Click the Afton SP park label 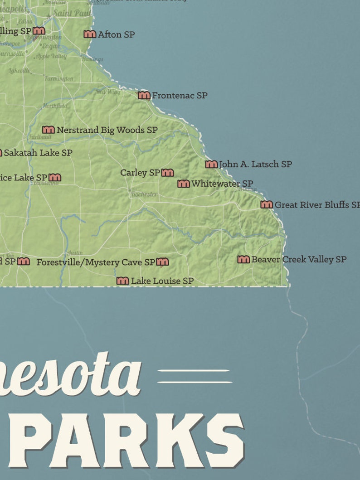[x=116, y=34]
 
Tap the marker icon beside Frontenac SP [x=144, y=95]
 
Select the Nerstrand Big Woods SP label [x=107, y=130]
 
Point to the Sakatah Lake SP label [x=38, y=153]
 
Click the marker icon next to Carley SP [x=168, y=173]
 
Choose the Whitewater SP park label [x=222, y=184]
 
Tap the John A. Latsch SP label [x=255, y=164]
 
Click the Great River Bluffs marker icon [x=267, y=205]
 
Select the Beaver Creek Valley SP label [x=299, y=259]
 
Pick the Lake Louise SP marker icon [x=122, y=281]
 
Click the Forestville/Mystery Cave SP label [x=96, y=262]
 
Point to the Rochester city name [x=144, y=194]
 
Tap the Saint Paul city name [x=72, y=13]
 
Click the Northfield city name [x=55, y=106]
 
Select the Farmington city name [x=58, y=78]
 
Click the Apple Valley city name [x=51, y=56]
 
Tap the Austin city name [x=75, y=252]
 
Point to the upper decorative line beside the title [x=194, y=371]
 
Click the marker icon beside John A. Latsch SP [x=211, y=164]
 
